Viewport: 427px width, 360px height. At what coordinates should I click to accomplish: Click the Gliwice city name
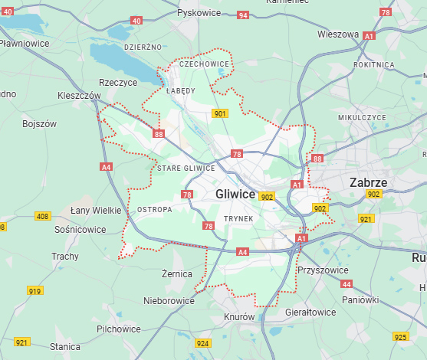click(235, 194)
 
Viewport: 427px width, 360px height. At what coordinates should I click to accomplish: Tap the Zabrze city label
click(368, 182)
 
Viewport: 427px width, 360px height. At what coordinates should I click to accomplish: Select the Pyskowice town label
click(199, 12)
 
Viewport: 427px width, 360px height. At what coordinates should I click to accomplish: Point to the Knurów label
click(239, 316)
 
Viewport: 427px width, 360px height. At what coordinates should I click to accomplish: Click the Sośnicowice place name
click(80, 229)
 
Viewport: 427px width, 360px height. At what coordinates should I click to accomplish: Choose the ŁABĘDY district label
click(181, 90)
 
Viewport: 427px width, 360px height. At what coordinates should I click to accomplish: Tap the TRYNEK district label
click(238, 218)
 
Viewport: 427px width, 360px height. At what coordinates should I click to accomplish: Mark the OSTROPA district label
click(153, 209)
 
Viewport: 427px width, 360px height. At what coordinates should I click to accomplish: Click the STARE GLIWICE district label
click(186, 168)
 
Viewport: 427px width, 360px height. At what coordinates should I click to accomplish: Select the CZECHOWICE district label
click(204, 64)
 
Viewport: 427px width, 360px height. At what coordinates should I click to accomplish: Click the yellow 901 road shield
click(220, 114)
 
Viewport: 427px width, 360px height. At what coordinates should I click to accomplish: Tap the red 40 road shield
click(136, 20)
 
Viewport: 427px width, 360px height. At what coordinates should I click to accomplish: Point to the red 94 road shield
click(243, 15)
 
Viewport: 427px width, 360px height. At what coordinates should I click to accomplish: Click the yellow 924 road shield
click(203, 343)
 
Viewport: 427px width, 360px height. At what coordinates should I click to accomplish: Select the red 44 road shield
click(347, 283)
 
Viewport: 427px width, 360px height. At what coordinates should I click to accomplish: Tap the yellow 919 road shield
click(34, 291)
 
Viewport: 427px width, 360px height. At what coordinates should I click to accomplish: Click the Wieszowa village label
click(338, 34)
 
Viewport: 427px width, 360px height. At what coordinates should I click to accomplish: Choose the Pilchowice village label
click(118, 329)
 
